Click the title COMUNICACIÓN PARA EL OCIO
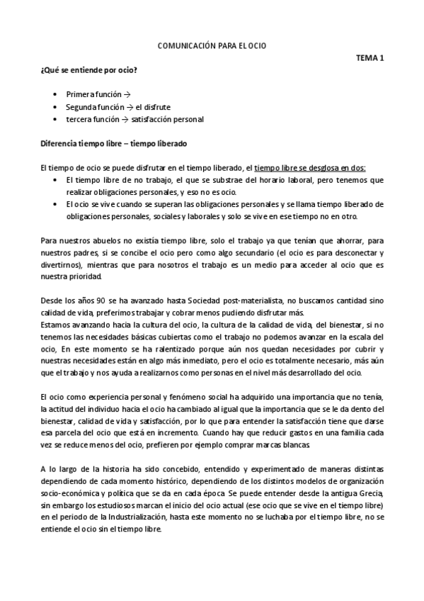click(212, 46)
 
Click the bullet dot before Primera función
click(55, 94)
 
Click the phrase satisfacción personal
click(172, 120)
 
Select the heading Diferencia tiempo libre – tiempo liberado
click(113, 144)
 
